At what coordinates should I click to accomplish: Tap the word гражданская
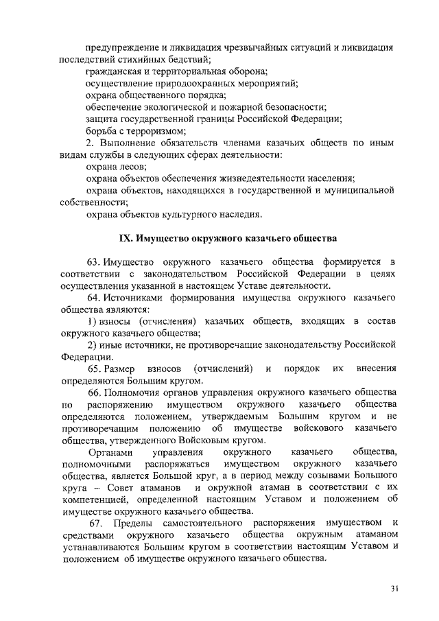[x=113, y=71]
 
